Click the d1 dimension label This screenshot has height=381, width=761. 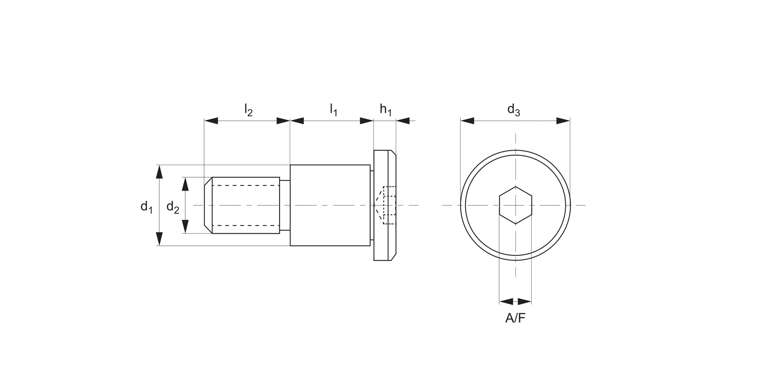coord(146,207)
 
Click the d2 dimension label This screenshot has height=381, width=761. coord(172,207)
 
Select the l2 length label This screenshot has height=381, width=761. coord(248,110)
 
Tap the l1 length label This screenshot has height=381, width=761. coord(333,110)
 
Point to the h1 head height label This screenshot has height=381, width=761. coord(386,110)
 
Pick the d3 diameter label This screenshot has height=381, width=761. coord(513,110)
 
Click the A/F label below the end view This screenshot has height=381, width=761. coord(515,319)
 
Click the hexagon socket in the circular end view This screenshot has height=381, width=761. coord(515,205)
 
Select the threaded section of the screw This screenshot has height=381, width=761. coord(246,205)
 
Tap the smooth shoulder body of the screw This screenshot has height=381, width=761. coord(330,205)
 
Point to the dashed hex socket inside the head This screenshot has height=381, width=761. coord(388,205)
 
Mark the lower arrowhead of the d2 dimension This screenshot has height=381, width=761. coord(185,227)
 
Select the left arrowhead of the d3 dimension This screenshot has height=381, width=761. coord(467,121)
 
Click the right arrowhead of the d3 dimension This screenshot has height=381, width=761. coord(563,121)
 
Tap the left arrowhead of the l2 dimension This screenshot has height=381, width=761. coord(211,121)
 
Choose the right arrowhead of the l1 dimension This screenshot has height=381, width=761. coord(366,121)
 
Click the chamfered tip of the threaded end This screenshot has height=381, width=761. coord(208,205)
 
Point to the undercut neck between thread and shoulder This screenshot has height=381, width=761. coord(285,205)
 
